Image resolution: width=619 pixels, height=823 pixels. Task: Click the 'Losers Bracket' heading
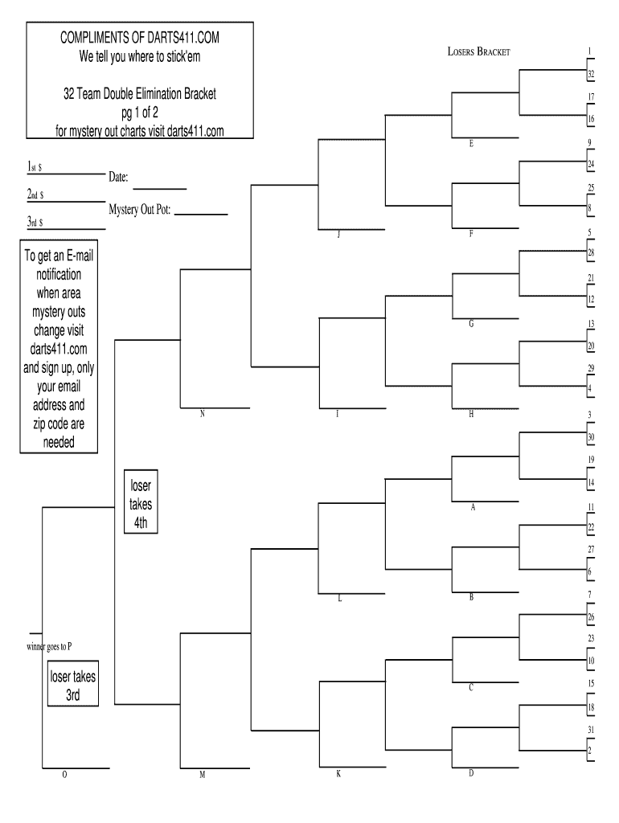[478, 52]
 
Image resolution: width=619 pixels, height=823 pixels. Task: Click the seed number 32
[590, 75]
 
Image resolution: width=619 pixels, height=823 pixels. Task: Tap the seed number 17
[590, 96]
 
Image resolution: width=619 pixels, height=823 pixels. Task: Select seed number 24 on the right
[590, 165]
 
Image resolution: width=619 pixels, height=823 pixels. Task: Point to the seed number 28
[590, 253]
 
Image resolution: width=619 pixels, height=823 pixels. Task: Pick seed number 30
[590, 437]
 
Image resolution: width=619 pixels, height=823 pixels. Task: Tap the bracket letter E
[471, 144]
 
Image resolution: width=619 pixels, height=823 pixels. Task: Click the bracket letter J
[338, 235]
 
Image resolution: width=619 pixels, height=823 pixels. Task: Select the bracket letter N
[203, 414]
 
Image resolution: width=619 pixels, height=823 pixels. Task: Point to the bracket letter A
[472, 507]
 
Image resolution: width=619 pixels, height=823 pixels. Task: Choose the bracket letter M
[203, 775]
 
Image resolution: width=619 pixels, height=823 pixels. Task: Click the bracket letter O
[64, 775]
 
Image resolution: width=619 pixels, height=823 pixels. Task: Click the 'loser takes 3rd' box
[73, 686]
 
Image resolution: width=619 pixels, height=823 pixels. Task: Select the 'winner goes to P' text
[49, 646]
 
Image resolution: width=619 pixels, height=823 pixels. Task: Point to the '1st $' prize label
[35, 166]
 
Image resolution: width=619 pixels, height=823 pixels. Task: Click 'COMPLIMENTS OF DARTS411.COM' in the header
[140, 38]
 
